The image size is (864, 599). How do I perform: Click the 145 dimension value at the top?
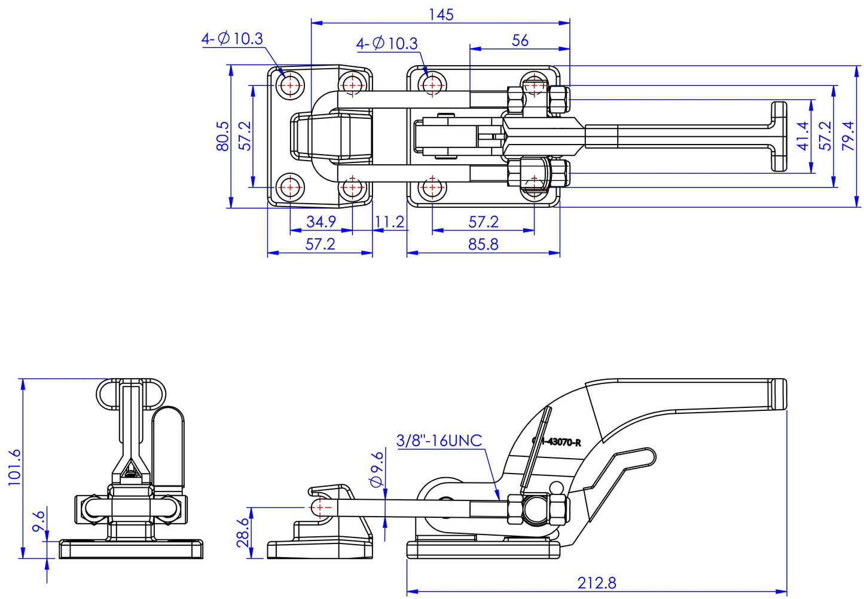coord(441,14)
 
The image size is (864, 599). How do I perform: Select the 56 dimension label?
coord(520,40)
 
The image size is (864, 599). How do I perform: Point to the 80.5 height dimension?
coord(222,136)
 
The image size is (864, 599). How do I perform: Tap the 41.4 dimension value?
coord(803,136)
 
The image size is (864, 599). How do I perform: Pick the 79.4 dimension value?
coord(848,136)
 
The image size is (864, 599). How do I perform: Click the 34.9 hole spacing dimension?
coord(321,222)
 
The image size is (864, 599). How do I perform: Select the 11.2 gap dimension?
coord(389,222)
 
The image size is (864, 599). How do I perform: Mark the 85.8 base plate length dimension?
coord(483,244)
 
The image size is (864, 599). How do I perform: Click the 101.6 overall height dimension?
coord(15,468)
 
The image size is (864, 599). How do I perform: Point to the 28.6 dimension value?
coord(242,533)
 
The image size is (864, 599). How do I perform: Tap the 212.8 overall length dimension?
coord(596,583)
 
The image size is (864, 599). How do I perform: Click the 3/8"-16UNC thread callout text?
coord(439,441)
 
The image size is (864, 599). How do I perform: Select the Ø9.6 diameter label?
coord(377,469)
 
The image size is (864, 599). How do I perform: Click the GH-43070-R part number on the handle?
coord(557,443)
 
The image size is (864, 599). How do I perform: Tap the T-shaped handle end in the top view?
coord(778,137)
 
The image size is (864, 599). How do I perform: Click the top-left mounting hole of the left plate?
coord(291,86)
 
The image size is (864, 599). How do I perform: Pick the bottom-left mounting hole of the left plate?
coord(291,187)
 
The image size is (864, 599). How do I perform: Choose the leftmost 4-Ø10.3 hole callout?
coord(232,39)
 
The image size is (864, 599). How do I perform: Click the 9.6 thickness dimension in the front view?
coord(39,524)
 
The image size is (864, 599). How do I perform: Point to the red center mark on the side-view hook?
coord(320,508)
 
